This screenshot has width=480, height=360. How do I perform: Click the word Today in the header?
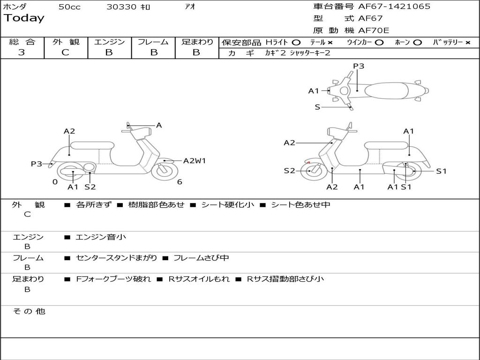[24, 18]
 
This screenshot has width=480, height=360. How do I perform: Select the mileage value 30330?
[121, 7]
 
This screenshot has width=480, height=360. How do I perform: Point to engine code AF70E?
[374, 31]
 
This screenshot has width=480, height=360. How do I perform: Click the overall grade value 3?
[22, 52]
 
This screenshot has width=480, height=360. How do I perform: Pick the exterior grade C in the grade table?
[65, 52]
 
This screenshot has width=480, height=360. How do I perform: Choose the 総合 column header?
[22, 42]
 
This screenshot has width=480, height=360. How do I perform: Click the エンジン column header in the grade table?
[109, 42]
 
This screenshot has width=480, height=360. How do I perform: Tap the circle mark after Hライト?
[296, 42]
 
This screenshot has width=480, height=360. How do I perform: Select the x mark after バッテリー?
[468, 42]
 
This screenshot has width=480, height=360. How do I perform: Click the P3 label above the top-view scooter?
[359, 66]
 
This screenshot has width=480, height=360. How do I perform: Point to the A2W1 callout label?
[195, 161]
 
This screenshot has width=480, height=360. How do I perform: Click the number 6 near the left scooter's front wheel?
[180, 182]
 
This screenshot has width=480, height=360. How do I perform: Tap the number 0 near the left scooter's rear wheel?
[55, 182]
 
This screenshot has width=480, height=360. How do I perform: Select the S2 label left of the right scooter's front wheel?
[289, 171]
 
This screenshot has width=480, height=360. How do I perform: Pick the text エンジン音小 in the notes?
[101, 237]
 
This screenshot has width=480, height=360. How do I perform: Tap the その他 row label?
[29, 311]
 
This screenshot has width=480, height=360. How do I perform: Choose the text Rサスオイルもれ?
[199, 279]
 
